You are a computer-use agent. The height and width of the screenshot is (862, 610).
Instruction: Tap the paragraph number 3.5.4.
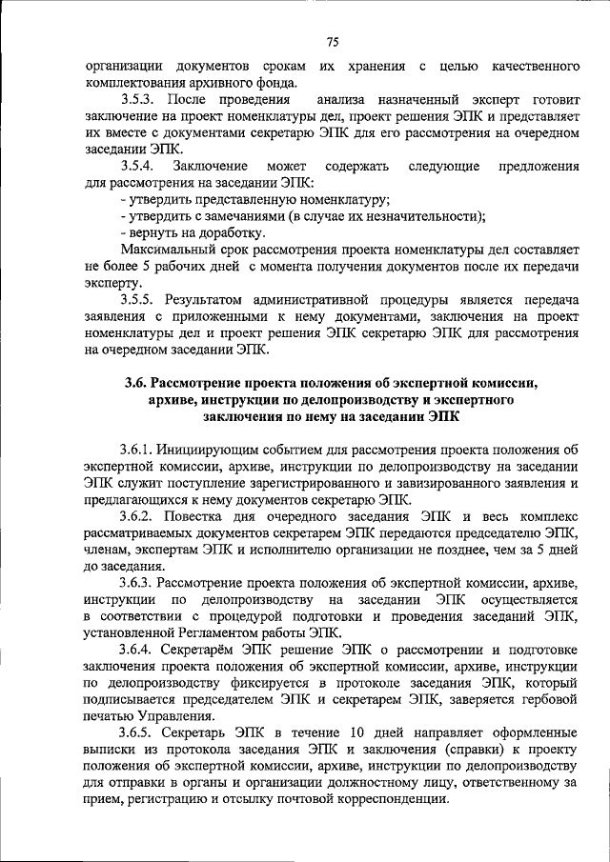coord(139,165)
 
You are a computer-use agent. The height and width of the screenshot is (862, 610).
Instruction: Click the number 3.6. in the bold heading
coord(137,383)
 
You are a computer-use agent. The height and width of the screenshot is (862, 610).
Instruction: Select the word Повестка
coord(203,515)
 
